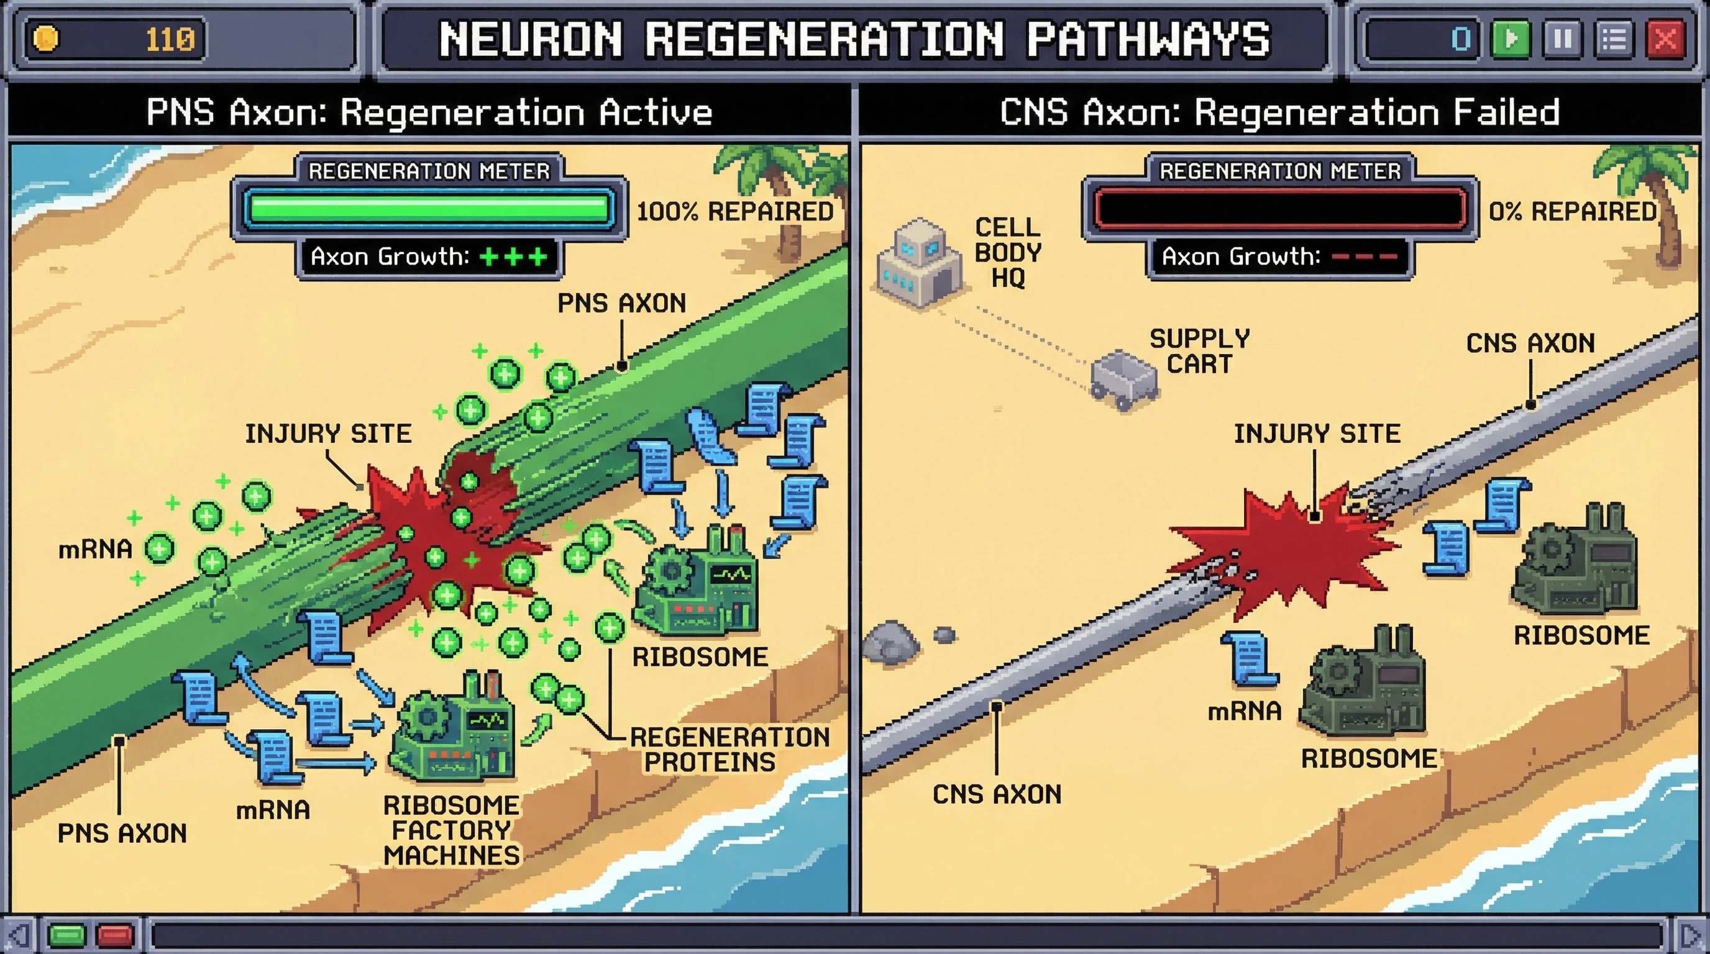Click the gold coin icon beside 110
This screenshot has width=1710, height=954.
[x=46, y=39]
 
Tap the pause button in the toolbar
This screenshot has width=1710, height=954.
[x=1562, y=39]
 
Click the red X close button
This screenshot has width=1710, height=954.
[x=1665, y=39]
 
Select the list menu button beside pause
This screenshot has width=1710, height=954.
[x=1613, y=39]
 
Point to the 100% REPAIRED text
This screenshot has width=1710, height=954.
[x=734, y=212]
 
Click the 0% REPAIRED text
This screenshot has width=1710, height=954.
[x=1572, y=212]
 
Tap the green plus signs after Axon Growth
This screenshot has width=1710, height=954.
[x=513, y=256]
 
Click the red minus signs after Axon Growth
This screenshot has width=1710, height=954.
[x=1364, y=256]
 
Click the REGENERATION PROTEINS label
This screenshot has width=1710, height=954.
[x=729, y=749]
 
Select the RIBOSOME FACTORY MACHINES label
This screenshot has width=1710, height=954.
[x=451, y=830]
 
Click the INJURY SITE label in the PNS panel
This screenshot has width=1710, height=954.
[x=328, y=434]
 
